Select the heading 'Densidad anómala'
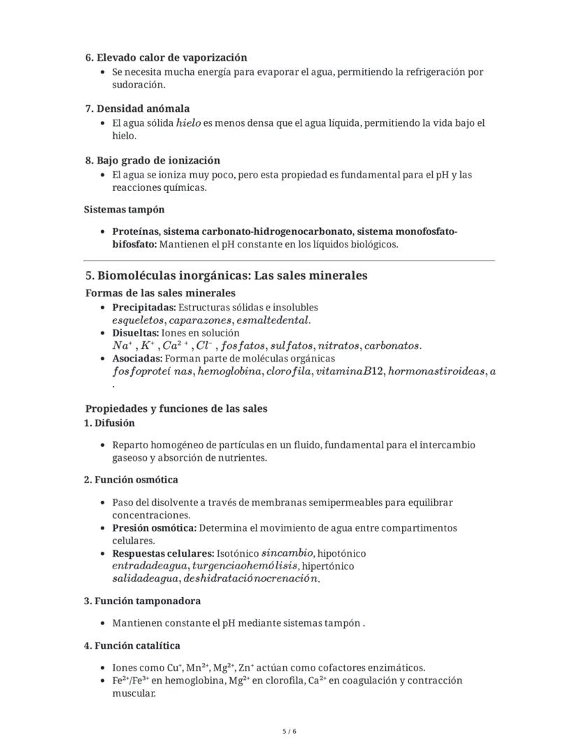tap(143, 108)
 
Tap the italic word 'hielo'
tap(188, 123)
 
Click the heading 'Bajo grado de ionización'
tap(158, 160)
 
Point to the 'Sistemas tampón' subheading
tap(124, 209)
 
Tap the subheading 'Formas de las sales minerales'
tap(160, 292)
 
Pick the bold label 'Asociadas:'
tap(137, 359)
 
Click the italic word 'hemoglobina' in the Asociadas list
tap(229, 371)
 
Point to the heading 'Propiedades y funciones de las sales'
tap(176, 408)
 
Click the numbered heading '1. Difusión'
tap(109, 423)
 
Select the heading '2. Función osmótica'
tap(131, 480)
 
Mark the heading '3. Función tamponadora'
tap(142, 601)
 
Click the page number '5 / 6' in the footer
tap(289, 732)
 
